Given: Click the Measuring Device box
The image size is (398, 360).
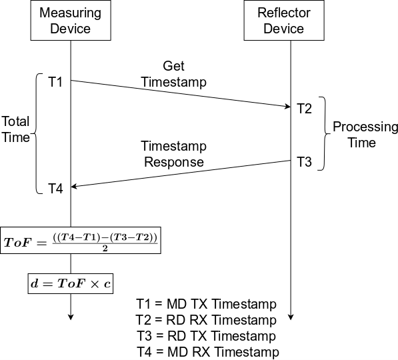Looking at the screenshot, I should point(70,21).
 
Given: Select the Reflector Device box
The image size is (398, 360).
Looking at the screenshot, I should point(283,21).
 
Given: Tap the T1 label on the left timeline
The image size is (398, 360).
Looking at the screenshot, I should point(55,83).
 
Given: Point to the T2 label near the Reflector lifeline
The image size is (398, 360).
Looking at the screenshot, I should point(304,109).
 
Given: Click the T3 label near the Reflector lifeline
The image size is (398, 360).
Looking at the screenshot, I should point(304,162).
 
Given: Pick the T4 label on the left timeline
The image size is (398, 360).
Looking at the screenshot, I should point(55,189).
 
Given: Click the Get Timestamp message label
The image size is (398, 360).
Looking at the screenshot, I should point(174,75).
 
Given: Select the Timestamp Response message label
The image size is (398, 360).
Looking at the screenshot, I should point(173,154).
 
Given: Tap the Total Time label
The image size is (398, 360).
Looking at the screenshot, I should point(15,129).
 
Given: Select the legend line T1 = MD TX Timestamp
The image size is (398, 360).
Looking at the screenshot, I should point(205,305).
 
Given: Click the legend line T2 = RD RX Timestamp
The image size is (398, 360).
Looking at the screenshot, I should point(205,321).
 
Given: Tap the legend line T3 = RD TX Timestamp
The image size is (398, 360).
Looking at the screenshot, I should point(205,336).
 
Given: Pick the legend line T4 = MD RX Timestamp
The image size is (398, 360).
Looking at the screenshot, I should point(205,351).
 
